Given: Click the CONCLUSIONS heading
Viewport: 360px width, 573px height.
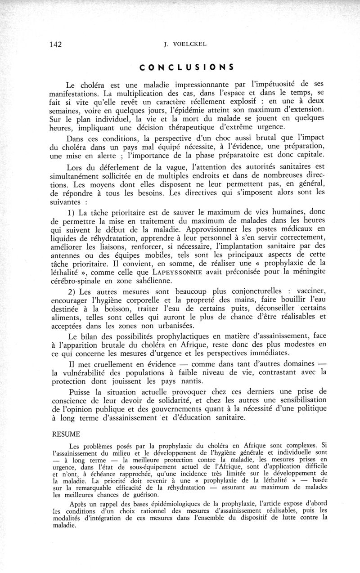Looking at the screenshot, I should [186, 67].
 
